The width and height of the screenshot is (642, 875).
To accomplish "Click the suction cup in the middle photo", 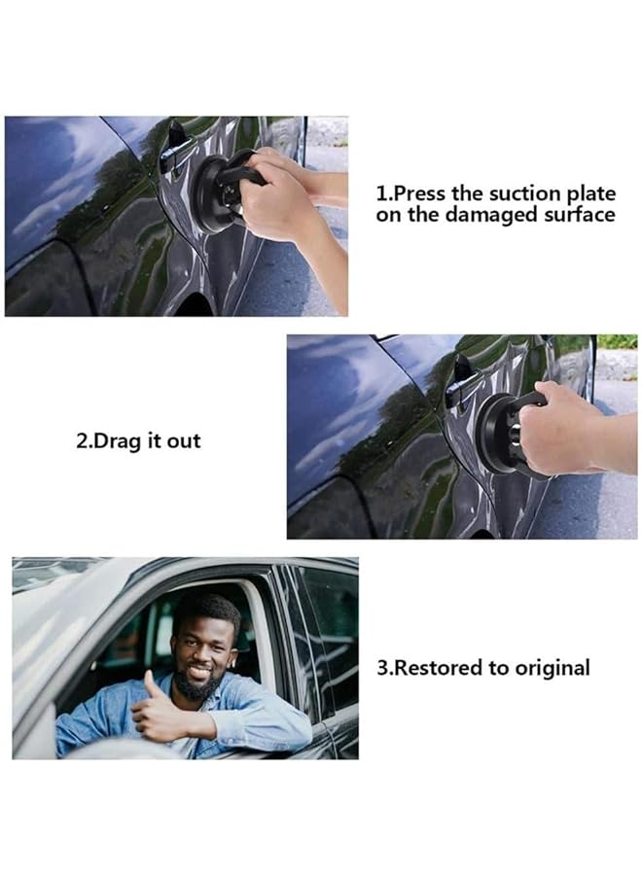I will [502, 433].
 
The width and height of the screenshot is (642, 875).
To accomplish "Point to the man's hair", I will [207, 611].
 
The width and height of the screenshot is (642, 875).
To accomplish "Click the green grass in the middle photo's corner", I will [618, 341].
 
